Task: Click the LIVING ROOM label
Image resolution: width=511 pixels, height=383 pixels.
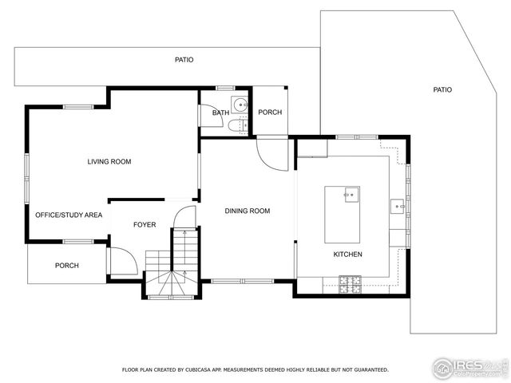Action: pos(109,162)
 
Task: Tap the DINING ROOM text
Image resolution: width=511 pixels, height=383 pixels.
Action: pos(247,211)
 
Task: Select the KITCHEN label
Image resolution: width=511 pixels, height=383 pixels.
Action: pos(347,255)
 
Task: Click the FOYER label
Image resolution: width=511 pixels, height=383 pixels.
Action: pos(145,225)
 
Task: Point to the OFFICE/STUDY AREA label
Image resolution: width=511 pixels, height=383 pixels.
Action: pos(68,215)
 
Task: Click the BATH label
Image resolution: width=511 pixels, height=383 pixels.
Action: pos(220,113)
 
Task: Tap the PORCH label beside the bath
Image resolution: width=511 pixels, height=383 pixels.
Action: pos(270,113)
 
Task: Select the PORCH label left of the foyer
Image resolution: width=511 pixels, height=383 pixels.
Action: pos(67,266)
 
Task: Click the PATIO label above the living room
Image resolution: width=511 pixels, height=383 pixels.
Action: pos(184,60)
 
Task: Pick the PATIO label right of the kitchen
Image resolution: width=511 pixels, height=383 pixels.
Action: pos(442,90)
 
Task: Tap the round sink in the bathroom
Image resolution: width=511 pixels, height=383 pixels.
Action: pos(239,104)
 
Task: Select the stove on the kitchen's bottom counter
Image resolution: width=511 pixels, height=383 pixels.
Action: pos(349,281)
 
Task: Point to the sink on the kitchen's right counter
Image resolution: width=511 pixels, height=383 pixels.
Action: pos(398,207)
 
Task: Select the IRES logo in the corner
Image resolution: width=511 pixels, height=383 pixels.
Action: pos(469,368)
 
